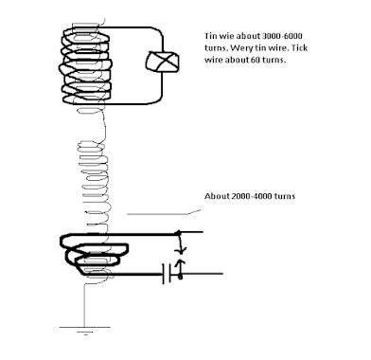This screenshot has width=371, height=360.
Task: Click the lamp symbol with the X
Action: point(162,62)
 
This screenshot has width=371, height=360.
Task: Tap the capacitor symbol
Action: point(167,274)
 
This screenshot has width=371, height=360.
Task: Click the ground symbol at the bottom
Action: point(85,331)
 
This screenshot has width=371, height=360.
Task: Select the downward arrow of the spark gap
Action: point(180,243)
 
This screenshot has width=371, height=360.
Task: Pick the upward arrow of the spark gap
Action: point(181,267)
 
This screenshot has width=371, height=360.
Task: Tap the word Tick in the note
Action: point(300,48)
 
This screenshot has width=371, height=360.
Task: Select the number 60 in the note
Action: point(256,60)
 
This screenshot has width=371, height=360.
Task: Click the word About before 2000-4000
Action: point(217,196)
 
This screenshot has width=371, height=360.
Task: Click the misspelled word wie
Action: point(226,36)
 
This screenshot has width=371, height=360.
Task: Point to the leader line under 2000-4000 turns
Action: point(164,213)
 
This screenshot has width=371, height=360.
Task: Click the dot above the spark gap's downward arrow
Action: point(178,233)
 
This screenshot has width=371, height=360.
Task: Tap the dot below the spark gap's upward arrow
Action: point(180,277)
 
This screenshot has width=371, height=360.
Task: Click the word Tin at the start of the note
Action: point(211,36)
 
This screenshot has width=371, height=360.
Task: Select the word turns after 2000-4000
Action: point(285,196)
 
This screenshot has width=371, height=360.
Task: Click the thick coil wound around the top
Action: point(85,66)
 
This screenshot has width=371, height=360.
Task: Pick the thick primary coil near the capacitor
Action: point(95,254)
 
